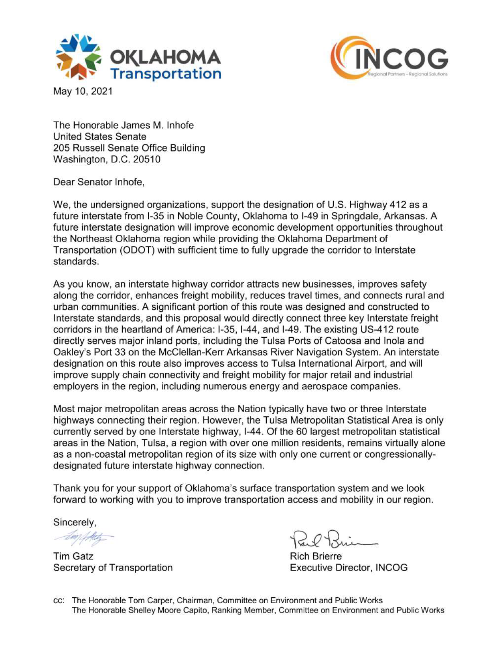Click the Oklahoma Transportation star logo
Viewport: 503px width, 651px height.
tap(79, 56)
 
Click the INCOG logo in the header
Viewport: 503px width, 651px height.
tap(389, 58)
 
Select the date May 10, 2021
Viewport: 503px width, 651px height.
tap(83, 91)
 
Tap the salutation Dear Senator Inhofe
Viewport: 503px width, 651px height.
tap(99, 182)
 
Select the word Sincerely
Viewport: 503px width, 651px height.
tap(74, 522)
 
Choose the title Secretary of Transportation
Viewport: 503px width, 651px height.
tap(113, 568)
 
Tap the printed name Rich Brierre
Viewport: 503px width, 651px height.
tap(316, 556)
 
